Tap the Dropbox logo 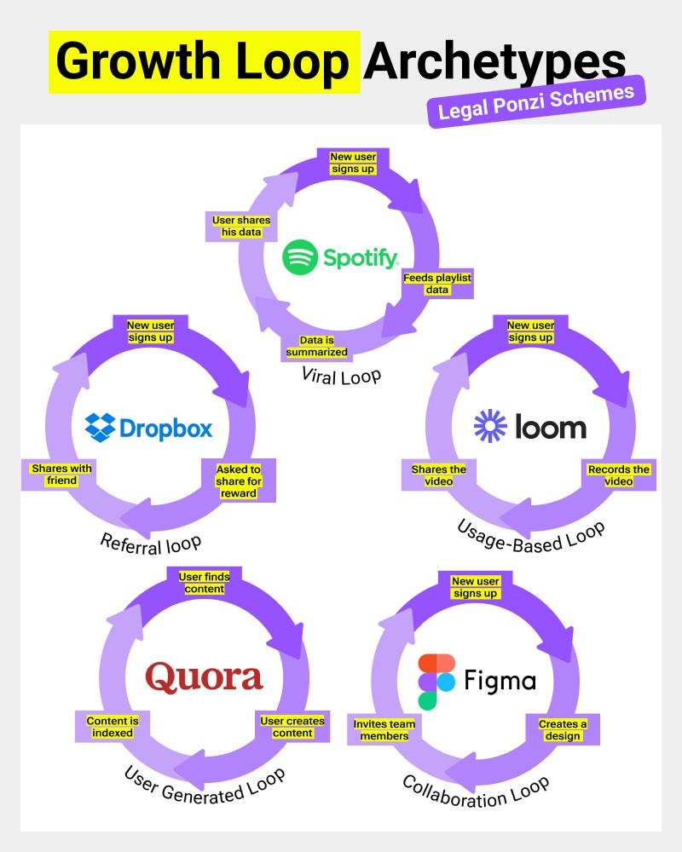click(x=149, y=427)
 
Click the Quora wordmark click(x=204, y=677)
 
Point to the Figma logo click(x=477, y=682)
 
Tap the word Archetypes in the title click(x=494, y=61)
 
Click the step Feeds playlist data click(x=437, y=284)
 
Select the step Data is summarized click(x=317, y=346)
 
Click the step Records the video click(x=619, y=475)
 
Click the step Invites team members click(x=384, y=729)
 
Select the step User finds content click(x=204, y=583)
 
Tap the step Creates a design click(x=563, y=729)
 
